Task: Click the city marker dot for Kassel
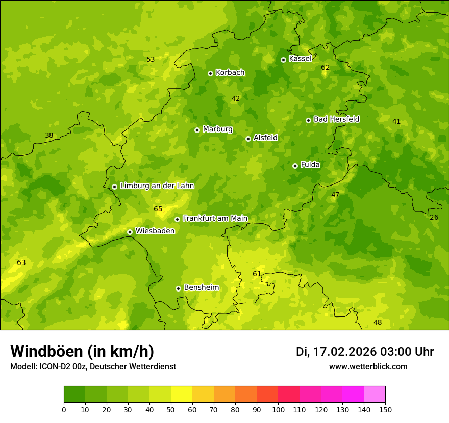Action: pyautogui.click(x=283, y=60)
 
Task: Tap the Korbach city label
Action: pyautogui.click(x=230, y=73)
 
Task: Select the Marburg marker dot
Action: pyautogui.click(x=197, y=130)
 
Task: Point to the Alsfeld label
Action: pyautogui.click(x=265, y=138)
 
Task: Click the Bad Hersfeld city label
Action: pyautogui.click(x=336, y=119)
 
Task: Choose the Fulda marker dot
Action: pyautogui.click(x=295, y=166)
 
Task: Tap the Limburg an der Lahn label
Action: pyautogui.click(x=157, y=186)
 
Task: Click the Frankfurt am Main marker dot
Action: pyautogui.click(x=177, y=219)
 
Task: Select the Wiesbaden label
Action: pyautogui.click(x=155, y=231)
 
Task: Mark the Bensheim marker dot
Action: pyautogui.click(x=178, y=288)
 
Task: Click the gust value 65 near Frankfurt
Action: pyautogui.click(x=158, y=209)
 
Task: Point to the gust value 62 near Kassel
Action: pyautogui.click(x=326, y=68)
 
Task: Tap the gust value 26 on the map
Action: pyautogui.click(x=434, y=218)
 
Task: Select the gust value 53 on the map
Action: pyautogui.click(x=151, y=60)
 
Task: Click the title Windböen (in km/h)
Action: pyautogui.click(x=82, y=352)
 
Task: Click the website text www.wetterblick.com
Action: pyautogui.click(x=368, y=367)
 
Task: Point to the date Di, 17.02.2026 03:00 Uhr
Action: pyautogui.click(x=365, y=352)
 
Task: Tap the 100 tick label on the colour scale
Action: pyautogui.click(x=278, y=410)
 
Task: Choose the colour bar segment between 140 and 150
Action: pyautogui.click(x=375, y=394)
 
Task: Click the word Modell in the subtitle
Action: pyautogui.click(x=23, y=367)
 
